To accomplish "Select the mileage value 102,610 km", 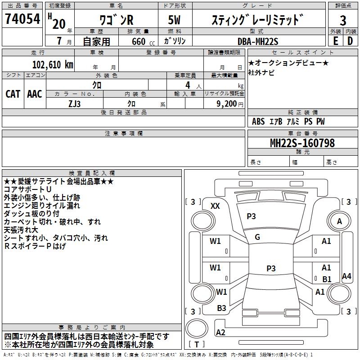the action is click(53, 64).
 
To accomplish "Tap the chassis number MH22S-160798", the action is click(302, 143).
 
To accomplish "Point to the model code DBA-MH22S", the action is click(257, 41).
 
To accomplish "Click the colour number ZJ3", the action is click(75, 103).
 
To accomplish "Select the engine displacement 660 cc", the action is click(135, 41).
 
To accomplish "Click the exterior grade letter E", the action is click(335, 41).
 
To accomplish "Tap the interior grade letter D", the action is click(350, 41).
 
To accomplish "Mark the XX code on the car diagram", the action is click(215, 206).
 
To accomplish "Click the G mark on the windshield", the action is click(257, 237).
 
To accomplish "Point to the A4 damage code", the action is click(346, 276).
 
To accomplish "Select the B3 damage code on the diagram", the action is click(221, 308).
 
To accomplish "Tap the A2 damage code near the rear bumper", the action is click(221, 332).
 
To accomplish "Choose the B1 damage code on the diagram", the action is click(327, 279).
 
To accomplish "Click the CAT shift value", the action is click(13, 94).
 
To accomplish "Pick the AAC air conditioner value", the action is click(35, 94).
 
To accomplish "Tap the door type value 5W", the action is click(175, 20).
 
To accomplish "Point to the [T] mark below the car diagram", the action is click(197, 345).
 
